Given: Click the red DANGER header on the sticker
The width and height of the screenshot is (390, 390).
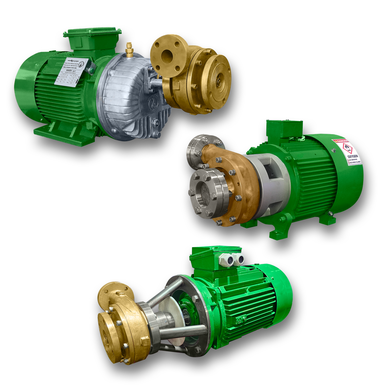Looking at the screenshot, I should [x=343, y=142].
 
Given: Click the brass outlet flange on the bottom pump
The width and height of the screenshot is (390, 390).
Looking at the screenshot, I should [x=112, y=294].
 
